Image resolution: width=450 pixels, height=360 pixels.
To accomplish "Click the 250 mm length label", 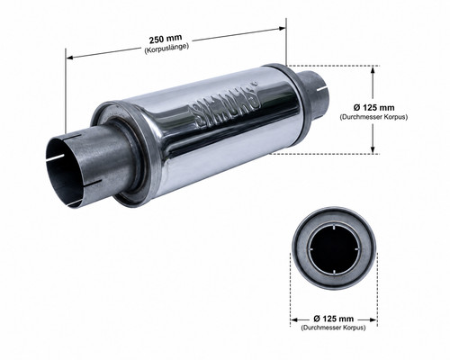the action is coord(166,39).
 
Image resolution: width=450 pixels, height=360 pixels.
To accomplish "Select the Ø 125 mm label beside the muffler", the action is coord(373,107).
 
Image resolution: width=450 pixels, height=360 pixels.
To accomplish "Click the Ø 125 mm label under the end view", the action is coord(333,319).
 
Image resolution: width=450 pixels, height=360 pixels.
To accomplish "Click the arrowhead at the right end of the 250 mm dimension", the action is coord(282,29).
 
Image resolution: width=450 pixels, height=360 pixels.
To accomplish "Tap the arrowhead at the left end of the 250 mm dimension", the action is coord(69,58).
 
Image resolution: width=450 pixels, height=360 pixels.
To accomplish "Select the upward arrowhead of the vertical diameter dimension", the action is coord(373,69).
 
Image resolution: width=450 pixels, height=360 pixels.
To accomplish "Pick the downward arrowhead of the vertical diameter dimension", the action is coord(373,150).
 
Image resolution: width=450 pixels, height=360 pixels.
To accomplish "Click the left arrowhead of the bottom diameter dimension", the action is coord(295,319).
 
